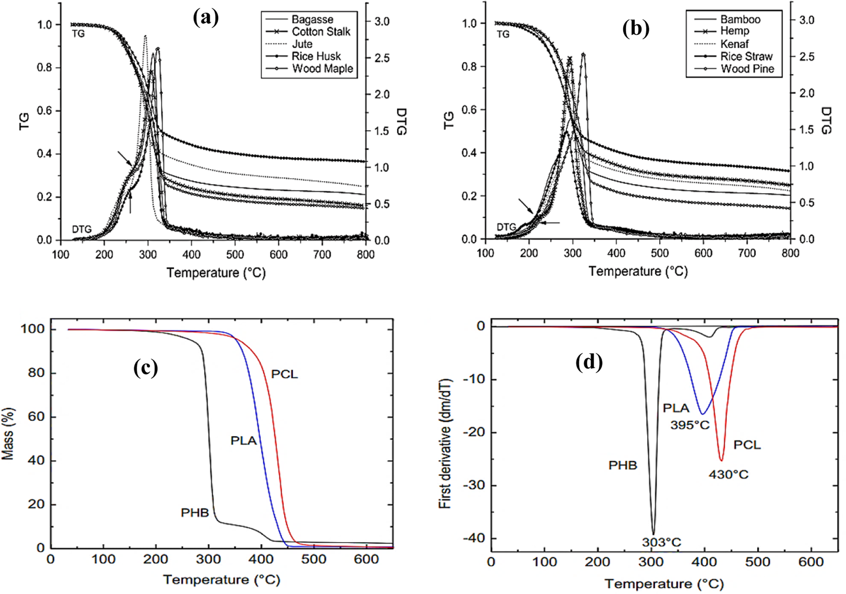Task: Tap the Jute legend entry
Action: pyautogui.click(x=302, y=44)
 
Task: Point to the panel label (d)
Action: pyautogui.click(x=589, y=363)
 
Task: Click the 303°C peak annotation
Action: pyautogui.click(x=661, y=542)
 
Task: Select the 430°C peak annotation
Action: pyautogui.click(x=728, y=474)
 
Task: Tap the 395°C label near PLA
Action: pyautogui.click(x=690, y=425)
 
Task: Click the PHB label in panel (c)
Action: pyautogui.click(x=195, y=513)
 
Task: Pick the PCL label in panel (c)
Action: pyautogui.click(x=284, y=374)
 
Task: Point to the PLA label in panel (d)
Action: pyautogui.click(x=676, y=408)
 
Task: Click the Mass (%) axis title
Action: pyautogui.click(x=8, y=433)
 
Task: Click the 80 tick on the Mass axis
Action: pyautogui.click(x=36, y=372)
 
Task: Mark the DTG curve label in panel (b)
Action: pyautogui.click(x=506, y=227)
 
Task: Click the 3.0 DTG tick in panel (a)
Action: pyautogui.click(x=382, y=22)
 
